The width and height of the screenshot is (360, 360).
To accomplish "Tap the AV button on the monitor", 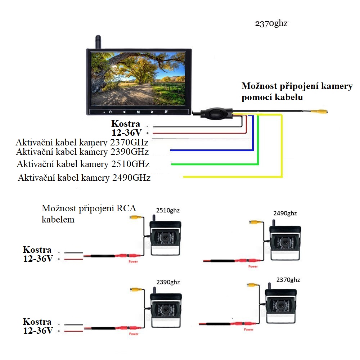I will coord(166,112).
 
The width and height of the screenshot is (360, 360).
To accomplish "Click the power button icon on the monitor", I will coord(111,112).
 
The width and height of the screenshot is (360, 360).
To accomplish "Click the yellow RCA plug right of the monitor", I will coord(320,112).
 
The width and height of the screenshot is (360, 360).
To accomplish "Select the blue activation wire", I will coord(209,150).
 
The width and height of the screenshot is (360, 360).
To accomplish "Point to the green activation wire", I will coord(216,164).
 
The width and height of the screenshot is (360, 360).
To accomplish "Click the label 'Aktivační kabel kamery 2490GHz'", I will coord(84,178).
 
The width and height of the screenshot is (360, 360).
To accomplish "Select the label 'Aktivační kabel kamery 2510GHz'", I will coord(83,164).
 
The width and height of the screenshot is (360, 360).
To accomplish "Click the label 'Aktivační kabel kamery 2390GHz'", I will coord(82,151).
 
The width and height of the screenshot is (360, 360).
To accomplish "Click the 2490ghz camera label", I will coord(285,213).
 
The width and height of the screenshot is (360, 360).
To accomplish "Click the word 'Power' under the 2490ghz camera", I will coord(253,267).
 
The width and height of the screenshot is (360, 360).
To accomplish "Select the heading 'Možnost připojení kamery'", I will coord(297,86).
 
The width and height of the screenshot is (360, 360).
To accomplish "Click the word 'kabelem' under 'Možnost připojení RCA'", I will coord(58,219).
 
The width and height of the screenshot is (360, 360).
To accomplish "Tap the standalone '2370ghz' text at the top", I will coord(272,24).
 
